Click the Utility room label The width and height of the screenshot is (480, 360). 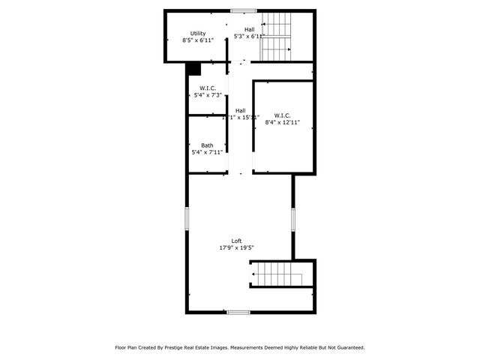point(198,33)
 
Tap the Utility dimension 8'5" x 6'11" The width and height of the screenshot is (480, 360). point(198,40)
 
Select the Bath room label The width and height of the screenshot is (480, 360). point(206,145)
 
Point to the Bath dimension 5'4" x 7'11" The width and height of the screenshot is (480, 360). point(206,152)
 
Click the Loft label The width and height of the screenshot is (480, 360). point(236,240)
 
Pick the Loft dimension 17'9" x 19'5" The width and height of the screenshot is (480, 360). point(236,247)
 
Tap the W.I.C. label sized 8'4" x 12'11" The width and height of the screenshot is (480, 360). point(282,115)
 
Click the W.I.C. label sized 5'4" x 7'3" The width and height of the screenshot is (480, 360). point(208,88)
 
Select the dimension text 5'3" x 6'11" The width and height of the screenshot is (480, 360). point(249,36)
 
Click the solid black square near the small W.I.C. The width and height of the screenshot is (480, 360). point(194,69)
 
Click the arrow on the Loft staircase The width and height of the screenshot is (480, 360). point(256,274)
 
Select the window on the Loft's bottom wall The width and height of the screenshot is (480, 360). point(238,312)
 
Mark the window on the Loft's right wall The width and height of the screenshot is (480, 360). point(293,218)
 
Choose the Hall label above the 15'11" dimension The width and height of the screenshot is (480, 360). point(240,111)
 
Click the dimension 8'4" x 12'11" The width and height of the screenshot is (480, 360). point(282,123)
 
